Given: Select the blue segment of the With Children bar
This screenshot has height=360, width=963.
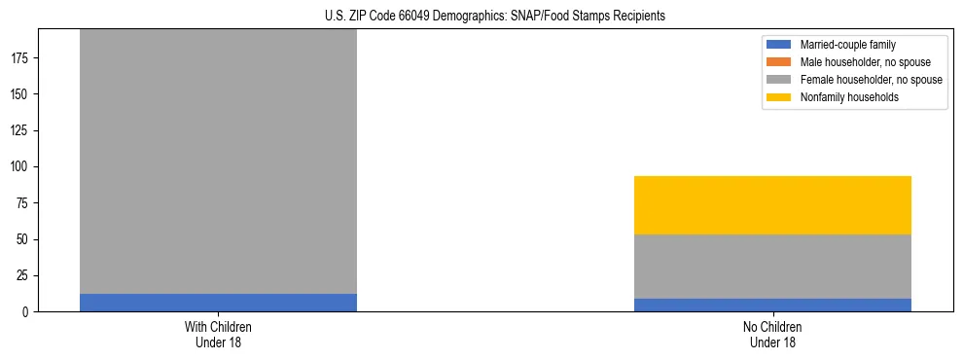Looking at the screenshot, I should (218, 303).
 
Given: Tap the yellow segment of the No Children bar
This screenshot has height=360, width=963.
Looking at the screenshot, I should (772, 205).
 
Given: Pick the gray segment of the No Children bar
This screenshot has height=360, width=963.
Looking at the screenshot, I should (772, 267).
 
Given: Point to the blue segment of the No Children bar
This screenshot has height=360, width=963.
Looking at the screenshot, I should (772, 305).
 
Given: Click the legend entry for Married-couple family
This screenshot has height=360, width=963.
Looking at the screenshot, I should (847, 45).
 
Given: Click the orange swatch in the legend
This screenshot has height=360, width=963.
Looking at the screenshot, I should (780, 62).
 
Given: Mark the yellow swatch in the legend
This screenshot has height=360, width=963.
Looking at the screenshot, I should (780, 97).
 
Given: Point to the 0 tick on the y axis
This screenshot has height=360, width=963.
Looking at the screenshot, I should (26, 312).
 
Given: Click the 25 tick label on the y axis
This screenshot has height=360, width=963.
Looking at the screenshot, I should (23, 275).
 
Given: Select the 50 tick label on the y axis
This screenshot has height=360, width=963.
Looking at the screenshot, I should (23, 239).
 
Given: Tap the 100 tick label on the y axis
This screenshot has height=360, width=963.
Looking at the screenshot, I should (20, 167).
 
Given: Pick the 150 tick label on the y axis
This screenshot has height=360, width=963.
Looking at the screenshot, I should (20, 94).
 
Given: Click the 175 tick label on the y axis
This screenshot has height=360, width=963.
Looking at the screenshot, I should (20, 58).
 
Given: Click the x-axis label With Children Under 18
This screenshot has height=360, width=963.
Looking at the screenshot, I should (218, 334).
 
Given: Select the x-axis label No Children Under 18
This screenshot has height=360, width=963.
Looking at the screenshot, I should (772, 334).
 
